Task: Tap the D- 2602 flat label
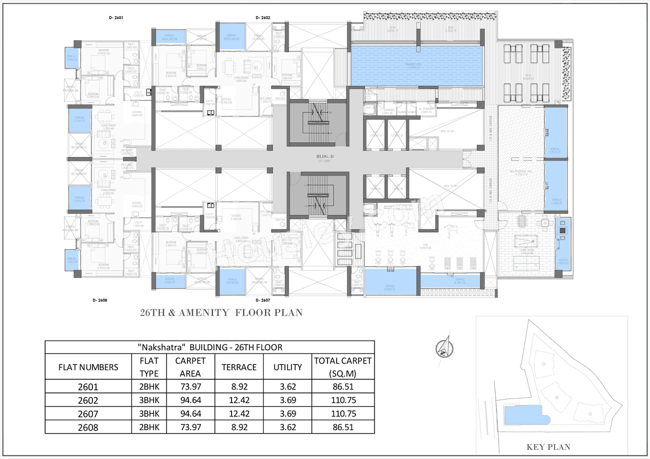(263, 17)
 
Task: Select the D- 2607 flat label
(263, 300)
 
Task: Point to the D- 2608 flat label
(100, 300)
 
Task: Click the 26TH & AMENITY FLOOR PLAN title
(221, 313)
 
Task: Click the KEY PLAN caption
(548, 447)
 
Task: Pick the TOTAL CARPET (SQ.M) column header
(343, 367)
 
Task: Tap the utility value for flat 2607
(287, 413)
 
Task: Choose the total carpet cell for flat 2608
(343, 427)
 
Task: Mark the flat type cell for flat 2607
(149, 413)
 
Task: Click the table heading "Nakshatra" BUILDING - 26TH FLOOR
(210, 347)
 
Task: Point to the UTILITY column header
(287, 367)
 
